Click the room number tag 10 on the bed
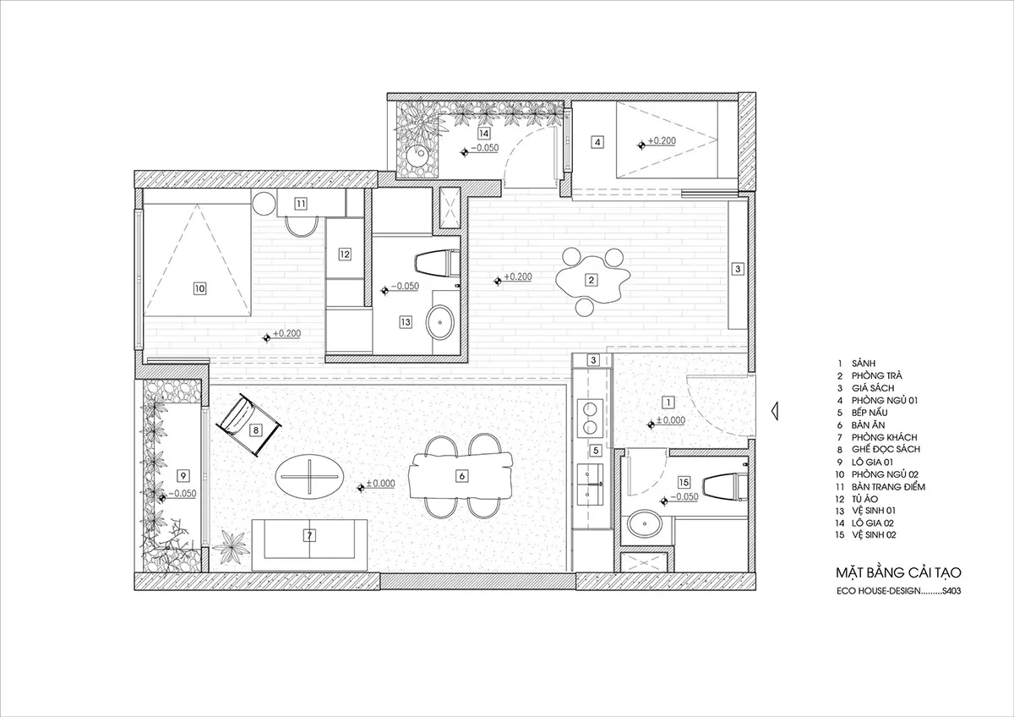(199, 288)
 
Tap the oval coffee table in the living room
(309, 477)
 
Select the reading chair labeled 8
(248, 424)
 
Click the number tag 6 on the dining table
(461, 476)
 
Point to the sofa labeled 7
(309, 545)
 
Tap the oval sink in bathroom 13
(440, 322)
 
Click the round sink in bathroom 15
(645, 524)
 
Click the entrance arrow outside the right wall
(775, 411)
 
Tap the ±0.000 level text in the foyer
(671, 420)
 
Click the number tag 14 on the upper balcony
(484, 133)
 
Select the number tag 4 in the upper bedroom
(597, 142)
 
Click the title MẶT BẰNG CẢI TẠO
(898, 572)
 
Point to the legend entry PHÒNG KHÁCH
(884, 437)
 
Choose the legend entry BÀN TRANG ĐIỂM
(888, 487)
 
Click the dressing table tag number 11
(301, 204)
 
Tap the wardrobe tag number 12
(345, 255)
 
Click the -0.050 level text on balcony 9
(183, 493)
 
